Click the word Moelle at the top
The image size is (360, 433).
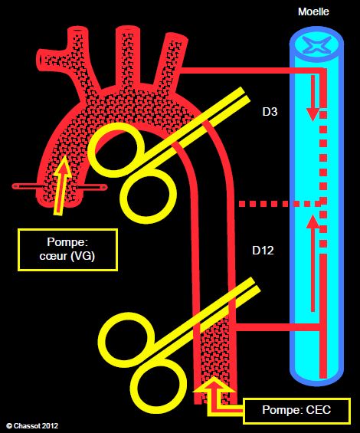313,11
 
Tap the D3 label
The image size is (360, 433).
270,112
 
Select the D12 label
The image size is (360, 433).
263,250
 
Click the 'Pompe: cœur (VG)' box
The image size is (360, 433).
67,249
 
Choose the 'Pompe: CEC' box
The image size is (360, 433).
296,410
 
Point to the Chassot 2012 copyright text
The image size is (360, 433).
32,425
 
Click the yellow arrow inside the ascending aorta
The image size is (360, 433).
61,185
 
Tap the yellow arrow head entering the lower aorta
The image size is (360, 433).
214,385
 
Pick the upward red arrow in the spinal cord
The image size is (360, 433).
313,264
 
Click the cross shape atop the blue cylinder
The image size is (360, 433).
316,44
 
